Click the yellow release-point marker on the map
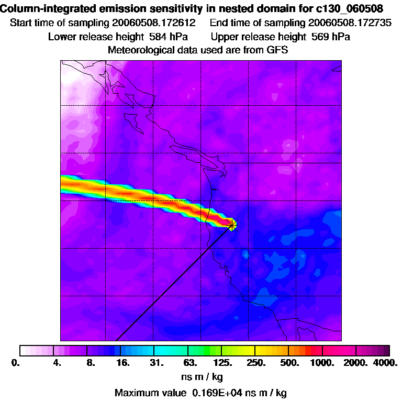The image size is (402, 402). coord(232,225)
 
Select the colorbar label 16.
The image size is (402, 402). coord(122,362)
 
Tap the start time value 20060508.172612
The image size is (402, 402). coord(154,23)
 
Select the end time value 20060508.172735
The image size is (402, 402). coord(350,23)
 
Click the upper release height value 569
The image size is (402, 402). coord(320,37)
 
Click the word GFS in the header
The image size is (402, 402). coord(278,50)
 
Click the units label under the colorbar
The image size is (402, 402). coord(201,376)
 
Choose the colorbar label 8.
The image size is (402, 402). coord(90,362)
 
